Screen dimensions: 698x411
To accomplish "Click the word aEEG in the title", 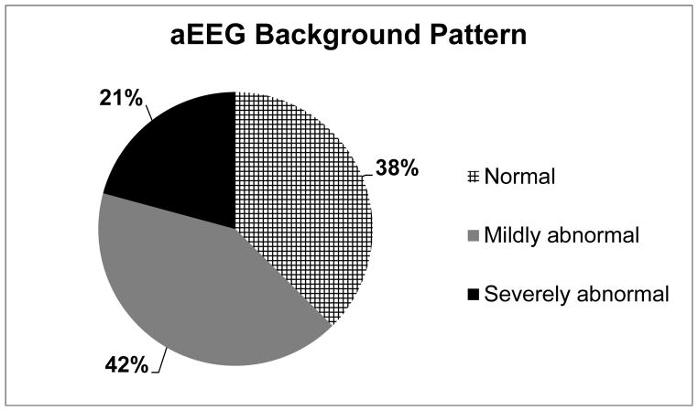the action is (x=207, y=35).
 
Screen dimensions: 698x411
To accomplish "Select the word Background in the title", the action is (x=337, y=36).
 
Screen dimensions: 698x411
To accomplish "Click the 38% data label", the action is (x=397, y=168).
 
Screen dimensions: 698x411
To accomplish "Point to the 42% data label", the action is (x=126, y=365).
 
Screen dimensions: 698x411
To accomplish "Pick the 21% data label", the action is (x=121, y=98).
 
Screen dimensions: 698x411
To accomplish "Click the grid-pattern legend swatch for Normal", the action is (x=474, y=177).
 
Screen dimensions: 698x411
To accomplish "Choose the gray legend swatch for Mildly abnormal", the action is (x=474, y=235).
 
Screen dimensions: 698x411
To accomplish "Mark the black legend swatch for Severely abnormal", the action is (x=474, y=294).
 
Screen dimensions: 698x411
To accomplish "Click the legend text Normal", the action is (x=519, y=177).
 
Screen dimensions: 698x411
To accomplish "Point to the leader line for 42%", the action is (x=159, y=362).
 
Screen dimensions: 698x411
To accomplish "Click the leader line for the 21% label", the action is (x=147, y=113).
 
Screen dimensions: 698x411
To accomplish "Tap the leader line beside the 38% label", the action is (x=367, y=176).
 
